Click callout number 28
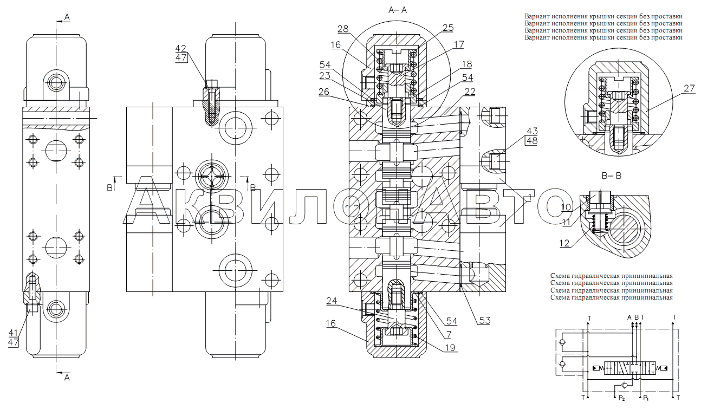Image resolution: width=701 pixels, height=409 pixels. pos(343,29)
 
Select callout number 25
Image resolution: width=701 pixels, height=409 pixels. pos(448,28)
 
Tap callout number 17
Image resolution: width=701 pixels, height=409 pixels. pos(459,44)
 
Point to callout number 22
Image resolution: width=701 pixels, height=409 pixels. pos(470,92)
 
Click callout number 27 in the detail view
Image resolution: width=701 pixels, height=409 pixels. pos(690,88)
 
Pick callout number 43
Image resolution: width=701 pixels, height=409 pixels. pos(533,131)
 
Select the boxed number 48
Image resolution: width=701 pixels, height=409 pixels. pos(532,141)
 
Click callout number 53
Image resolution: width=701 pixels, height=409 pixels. pos(484,321)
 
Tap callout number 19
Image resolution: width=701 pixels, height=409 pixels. pos(450,347)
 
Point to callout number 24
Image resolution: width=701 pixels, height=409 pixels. pos(332,301)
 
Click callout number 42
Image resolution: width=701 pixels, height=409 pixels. pos(180,48)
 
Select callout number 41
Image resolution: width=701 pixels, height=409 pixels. pos(13,333)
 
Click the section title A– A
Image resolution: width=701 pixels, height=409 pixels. pos(398,10)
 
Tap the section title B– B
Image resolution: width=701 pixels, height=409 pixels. pos(612,176)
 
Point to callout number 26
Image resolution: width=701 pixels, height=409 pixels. pos(324,92)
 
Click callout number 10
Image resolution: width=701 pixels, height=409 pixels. pos(566,207)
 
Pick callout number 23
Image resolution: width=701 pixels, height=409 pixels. pos(325,75)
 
